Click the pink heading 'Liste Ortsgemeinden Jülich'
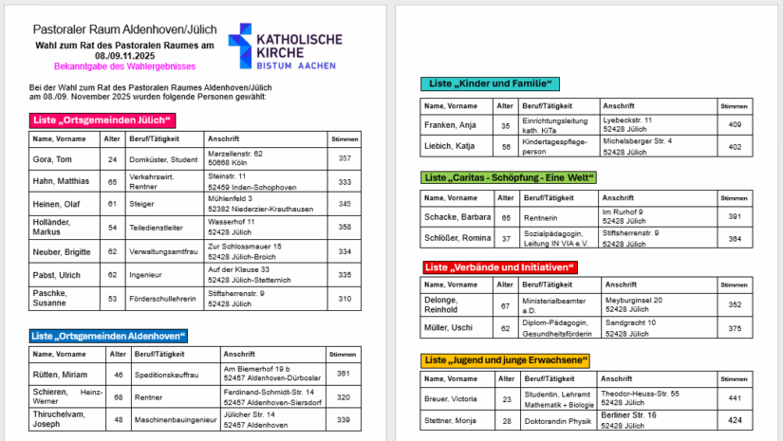pos(103,120)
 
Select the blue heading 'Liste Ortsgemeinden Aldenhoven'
pos(108,336)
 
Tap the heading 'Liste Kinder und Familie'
pos(490,83)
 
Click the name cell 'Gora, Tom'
pos(53,159)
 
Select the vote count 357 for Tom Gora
pos(345,158)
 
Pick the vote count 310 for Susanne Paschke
pos(345,299)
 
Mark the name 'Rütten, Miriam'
pos(61,374)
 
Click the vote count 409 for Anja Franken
pos(734,124)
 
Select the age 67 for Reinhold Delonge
pos(505,305)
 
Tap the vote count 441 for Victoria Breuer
pos(734,398)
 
